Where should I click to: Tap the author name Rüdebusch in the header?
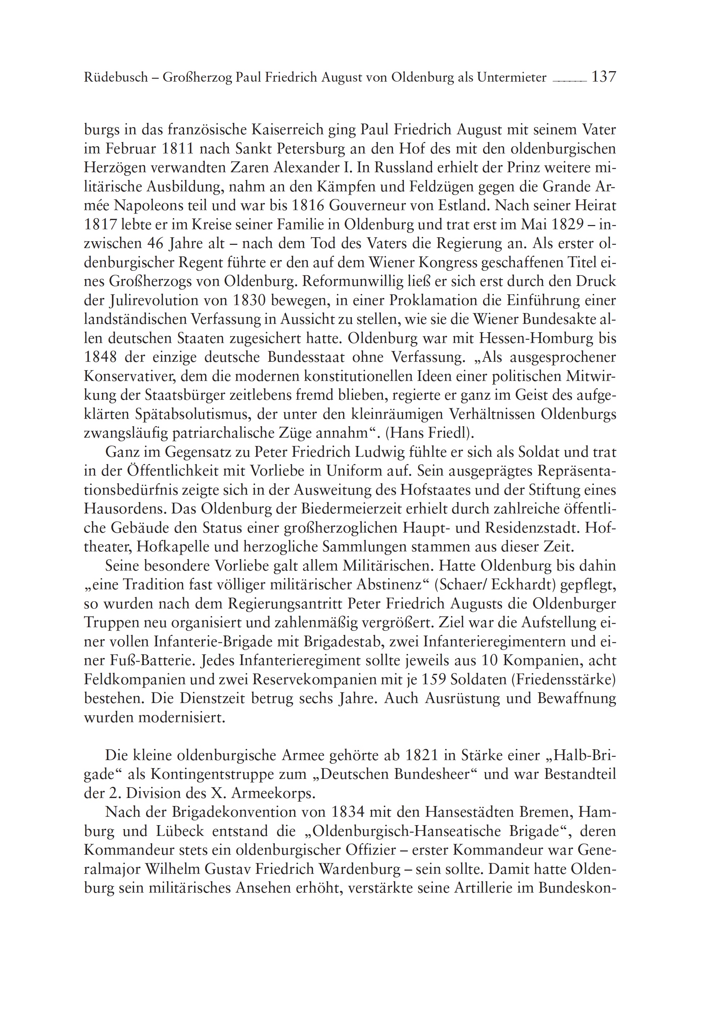pos(116,78)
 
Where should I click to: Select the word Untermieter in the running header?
pos(512,78)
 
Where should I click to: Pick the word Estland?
pos(464,205)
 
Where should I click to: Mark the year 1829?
pos(566,225)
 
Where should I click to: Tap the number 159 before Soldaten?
pos(431,680)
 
